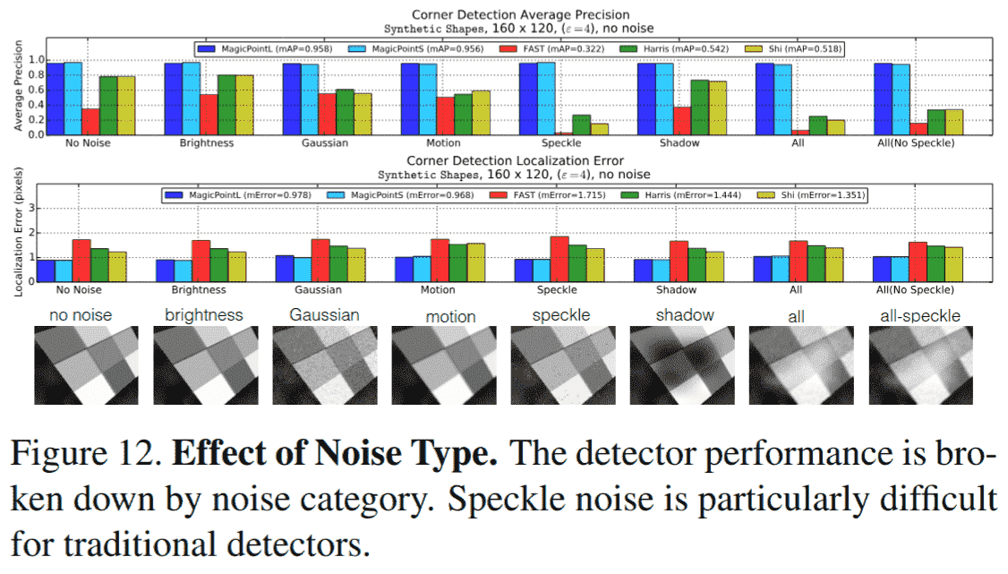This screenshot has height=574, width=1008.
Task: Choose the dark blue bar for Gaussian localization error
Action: coord(284,269)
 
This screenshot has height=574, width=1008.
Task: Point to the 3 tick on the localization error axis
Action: coord(38,208)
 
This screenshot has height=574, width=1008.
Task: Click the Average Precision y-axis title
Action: coord(17,85)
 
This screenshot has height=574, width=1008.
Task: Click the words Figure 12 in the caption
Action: coord(84,456)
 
